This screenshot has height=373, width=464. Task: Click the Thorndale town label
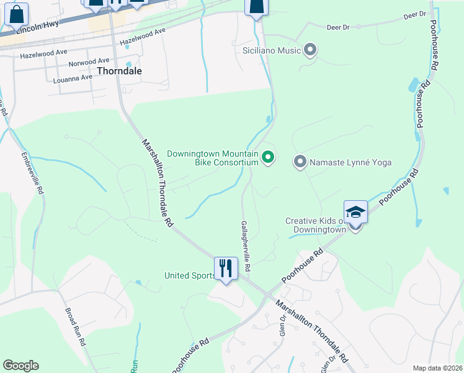pyautogui.click(x=119, y=71)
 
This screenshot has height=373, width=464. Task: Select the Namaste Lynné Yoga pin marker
pyautogui.click(x=300, y=162)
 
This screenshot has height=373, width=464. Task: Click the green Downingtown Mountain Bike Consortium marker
pyautogui.click(x=268, y=157)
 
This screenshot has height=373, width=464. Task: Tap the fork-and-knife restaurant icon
pyautogui.click(x=226, y=269)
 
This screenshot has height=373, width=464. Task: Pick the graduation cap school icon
pyautogui.click(x=355, y=212)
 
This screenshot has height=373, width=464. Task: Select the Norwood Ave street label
pyautogui.click(x=89, y=62)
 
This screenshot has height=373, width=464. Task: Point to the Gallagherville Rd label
pyautogui.click(x=246, y=246)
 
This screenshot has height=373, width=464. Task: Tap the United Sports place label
pyautogui.click(x=190, y=275)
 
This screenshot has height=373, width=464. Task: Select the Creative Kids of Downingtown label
pyautogui.click(x=315, y=225)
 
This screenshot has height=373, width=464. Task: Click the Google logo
pyautogui.click(x=21, y=366)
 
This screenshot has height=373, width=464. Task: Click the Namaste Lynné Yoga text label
pyautogui.click(x=351, y=162)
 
